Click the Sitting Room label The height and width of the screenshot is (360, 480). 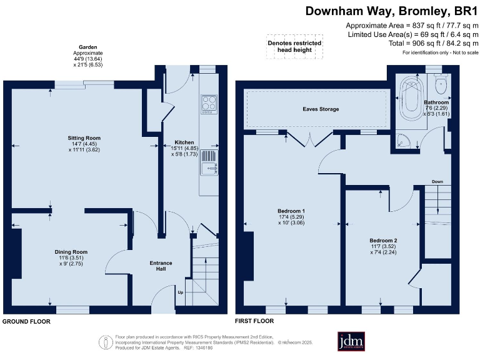click(84, 138)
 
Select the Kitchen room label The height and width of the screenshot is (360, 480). click(184, 142)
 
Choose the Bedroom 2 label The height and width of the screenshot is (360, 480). click(383, 241)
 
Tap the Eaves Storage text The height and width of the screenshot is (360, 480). click(321, 109)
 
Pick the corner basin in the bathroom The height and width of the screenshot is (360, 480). click(404, 141)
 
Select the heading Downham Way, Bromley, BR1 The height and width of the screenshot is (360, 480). click(392, 11)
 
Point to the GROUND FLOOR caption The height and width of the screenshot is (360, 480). click(26, 321)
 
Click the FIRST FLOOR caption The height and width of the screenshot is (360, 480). click(254, 321)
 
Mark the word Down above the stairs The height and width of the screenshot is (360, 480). click(437, 182)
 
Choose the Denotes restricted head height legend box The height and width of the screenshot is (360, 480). click(295, 47)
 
